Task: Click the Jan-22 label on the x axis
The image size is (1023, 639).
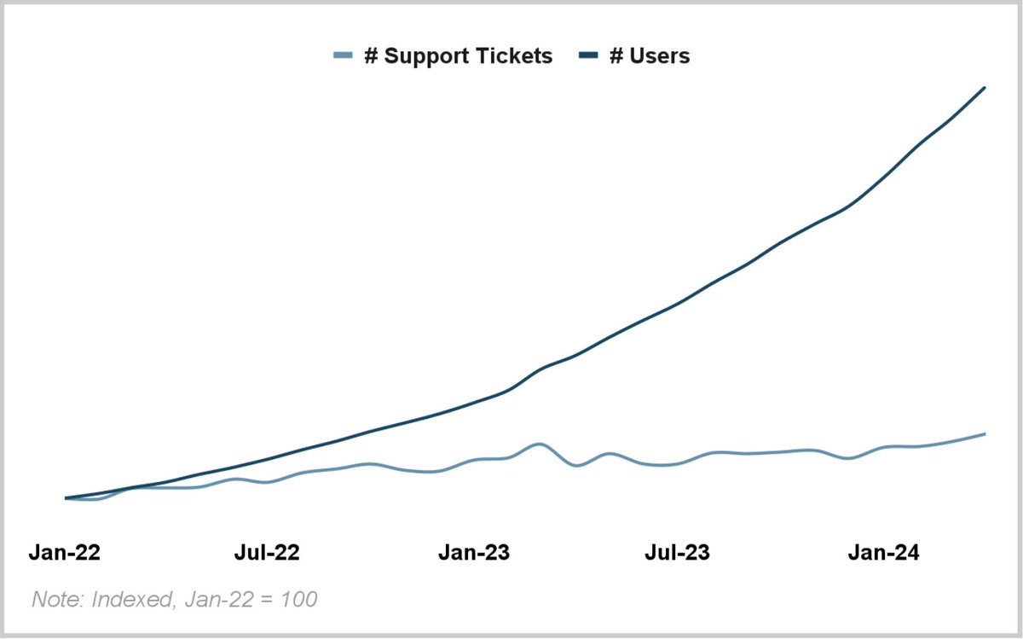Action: coord(65,553)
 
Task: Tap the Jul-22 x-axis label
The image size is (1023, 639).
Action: coord(267,553)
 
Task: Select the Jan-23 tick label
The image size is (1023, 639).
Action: coord(474,553)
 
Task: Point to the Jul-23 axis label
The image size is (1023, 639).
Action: coord(677,553)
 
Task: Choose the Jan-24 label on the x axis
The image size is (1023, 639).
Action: coord(883,553)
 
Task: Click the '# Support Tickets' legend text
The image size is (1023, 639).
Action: coord(458,56)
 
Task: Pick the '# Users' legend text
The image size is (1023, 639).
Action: coord(649,56)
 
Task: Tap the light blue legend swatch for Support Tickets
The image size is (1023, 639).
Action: coord(344,56)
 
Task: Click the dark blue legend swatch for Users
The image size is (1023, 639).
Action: coord(589,56)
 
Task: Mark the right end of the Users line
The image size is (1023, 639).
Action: coord(985,88)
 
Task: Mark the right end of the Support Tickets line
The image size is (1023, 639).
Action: coord(985,434)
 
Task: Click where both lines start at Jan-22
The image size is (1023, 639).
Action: coord(66,498)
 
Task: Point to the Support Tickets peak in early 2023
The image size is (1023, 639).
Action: coord(538,444)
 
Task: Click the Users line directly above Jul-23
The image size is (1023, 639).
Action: coord(677,304)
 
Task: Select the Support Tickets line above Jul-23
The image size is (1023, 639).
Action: coord(677,464)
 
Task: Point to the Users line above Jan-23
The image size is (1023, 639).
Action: coord(474,403)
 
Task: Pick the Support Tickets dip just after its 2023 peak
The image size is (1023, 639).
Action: coord(577,465)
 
